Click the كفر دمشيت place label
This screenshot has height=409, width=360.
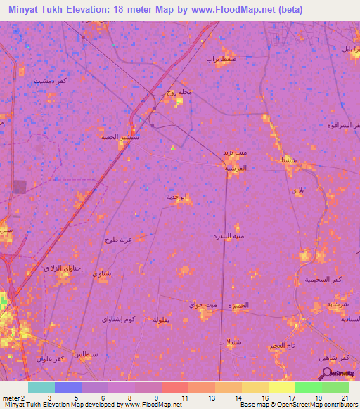pyautogui.click(x=52, y=81)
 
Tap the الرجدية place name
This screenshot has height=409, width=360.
pyautogui.click(x=178, y=197)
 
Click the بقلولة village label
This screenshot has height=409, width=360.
pyautogui.click(x=163, y=320)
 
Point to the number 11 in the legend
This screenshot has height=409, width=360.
pyautogui.click(x=184, y=398)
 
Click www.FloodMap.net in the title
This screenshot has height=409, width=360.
pyautogui.click(x=233, y=9)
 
